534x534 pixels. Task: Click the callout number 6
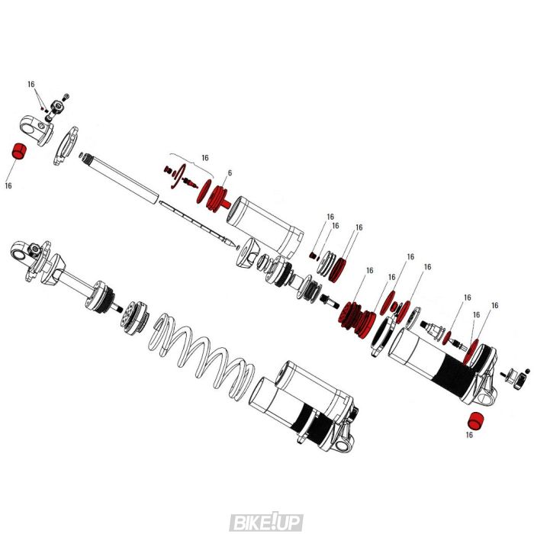pyautogui.click(x=229, y=173)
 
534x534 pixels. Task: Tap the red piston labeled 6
pyautogui.click(x=219, y=196)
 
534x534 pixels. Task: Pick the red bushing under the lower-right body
pyautogui.click(x=474, y=420)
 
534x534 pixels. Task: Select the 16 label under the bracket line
pyautogui.click(x=204, y=158)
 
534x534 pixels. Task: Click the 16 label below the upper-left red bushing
pyautogui.click(x=8, y=185)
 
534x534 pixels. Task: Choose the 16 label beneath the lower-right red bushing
pyautogui.click(x=469, y=436)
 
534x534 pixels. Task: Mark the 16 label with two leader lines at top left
pyautogui.click(x=31, y=84)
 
